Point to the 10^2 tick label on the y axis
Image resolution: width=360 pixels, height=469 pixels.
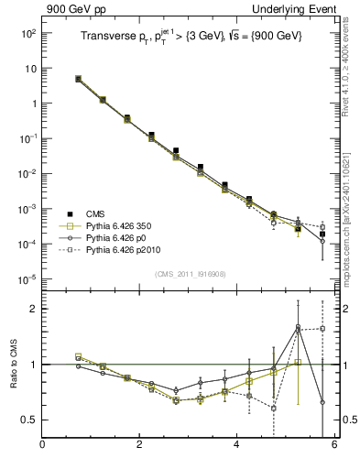(27, 33)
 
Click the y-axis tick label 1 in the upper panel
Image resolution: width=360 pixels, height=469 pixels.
(32, 104)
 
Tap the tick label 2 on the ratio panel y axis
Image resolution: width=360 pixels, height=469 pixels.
(33, 309)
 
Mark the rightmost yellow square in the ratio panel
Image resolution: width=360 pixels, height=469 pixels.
(298, 362)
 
